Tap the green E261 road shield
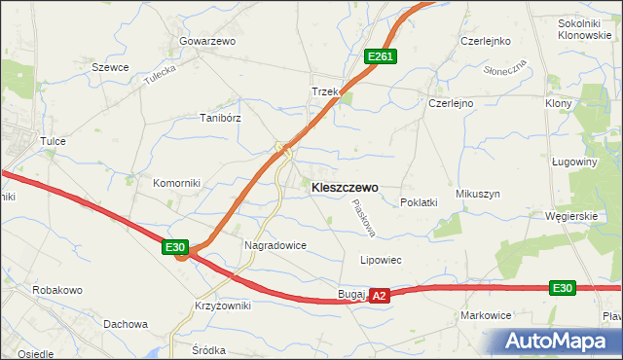point(380,57)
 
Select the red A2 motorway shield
point(380,295)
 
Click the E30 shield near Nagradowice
point(175,248)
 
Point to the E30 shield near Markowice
point(563,288)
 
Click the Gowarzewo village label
point(207,42)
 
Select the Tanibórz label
point(220,117)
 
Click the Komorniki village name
point(176,182)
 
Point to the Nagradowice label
point(275,246)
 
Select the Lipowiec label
point(381,261)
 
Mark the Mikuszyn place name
point(477,194)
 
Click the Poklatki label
point(419,202)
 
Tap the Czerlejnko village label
point(486,42)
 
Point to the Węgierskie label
point(571,216)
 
